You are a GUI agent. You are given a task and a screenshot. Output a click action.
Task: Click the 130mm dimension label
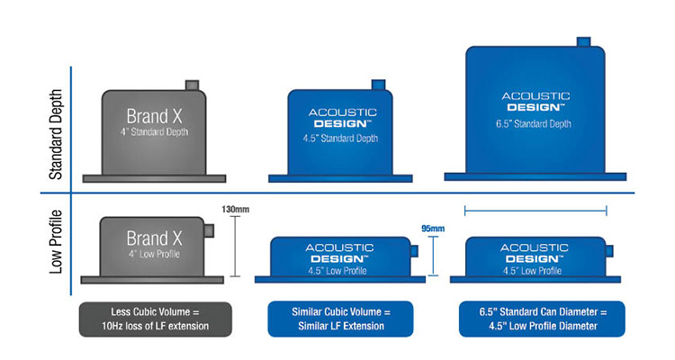235,210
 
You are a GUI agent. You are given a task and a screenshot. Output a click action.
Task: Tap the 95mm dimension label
433,229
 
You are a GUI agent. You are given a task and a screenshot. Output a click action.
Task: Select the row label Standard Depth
56,135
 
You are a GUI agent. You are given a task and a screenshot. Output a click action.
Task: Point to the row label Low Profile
56,242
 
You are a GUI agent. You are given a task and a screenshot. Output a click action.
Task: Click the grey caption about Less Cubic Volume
156,319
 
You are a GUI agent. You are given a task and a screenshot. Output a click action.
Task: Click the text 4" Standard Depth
155,131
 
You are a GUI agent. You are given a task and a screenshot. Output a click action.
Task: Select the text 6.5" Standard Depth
534,124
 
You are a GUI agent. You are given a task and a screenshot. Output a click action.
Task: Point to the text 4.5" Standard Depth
340,139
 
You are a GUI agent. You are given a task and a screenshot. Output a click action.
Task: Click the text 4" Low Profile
154,254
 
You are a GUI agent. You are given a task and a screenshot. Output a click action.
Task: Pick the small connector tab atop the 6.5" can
583,42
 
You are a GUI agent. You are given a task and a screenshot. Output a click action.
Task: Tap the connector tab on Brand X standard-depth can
192,85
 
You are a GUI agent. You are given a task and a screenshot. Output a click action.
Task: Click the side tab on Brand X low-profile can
209,230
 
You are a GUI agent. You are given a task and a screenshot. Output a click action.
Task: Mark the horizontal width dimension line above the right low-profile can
536,211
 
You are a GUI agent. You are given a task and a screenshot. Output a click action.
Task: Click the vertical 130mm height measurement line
235,247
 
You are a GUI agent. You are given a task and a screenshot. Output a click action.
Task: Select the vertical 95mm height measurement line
433,256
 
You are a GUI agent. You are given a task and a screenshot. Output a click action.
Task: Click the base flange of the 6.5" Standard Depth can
535,176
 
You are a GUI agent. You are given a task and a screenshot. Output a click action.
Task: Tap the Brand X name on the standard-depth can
155,116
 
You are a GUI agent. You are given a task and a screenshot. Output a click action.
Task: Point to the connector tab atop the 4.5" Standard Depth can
378,85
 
